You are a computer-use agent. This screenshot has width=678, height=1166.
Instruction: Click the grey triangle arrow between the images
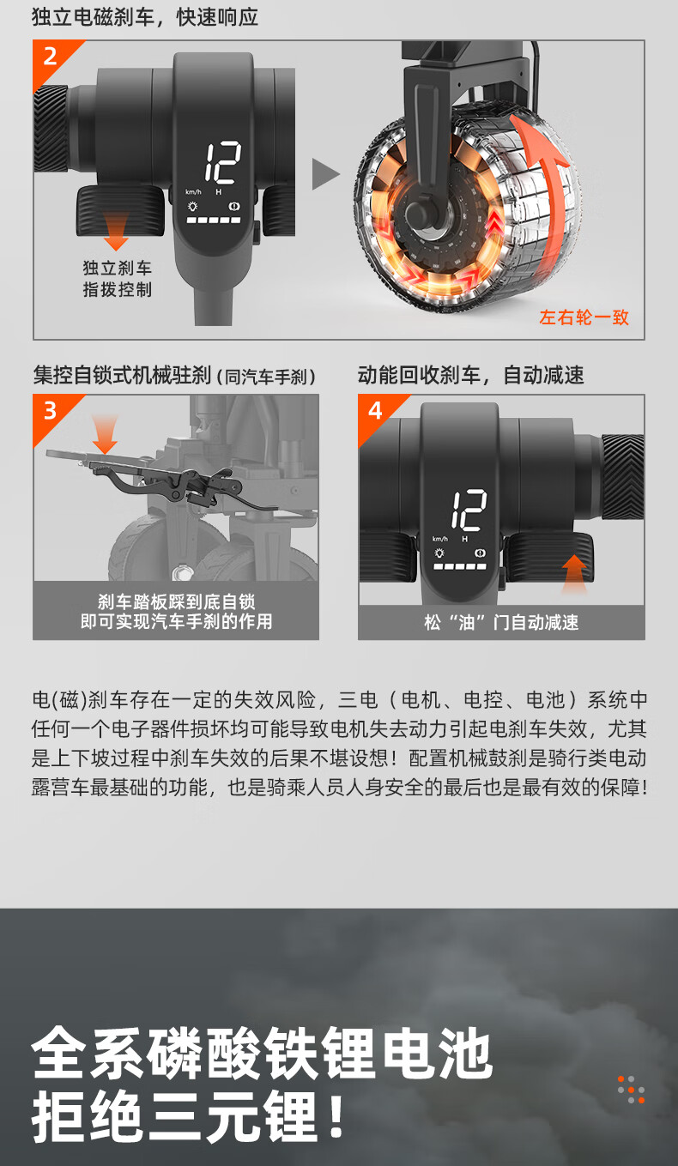point(325,174)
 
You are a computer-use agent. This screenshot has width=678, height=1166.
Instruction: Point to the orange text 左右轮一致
point(584,317)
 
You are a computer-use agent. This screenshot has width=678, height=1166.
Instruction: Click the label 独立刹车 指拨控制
point(118,279)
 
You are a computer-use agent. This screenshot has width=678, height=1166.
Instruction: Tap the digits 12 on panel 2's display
point(223,162)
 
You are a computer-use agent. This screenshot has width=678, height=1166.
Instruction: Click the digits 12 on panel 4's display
point(469,510)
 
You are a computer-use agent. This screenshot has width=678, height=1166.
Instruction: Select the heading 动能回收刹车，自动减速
point(471,375)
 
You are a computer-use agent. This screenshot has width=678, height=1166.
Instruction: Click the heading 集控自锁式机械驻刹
point(122,375)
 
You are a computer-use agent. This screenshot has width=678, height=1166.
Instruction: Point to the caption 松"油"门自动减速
point(501,622)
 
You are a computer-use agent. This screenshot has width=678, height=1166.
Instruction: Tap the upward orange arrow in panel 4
point(574,574)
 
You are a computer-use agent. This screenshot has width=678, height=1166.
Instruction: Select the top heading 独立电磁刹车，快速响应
point(145,16)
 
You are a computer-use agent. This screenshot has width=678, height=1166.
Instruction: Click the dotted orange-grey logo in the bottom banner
point(631,1090)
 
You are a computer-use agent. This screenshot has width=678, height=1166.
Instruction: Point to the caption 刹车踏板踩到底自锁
point(177,601)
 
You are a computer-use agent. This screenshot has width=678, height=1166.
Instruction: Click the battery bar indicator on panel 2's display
point(214,221)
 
